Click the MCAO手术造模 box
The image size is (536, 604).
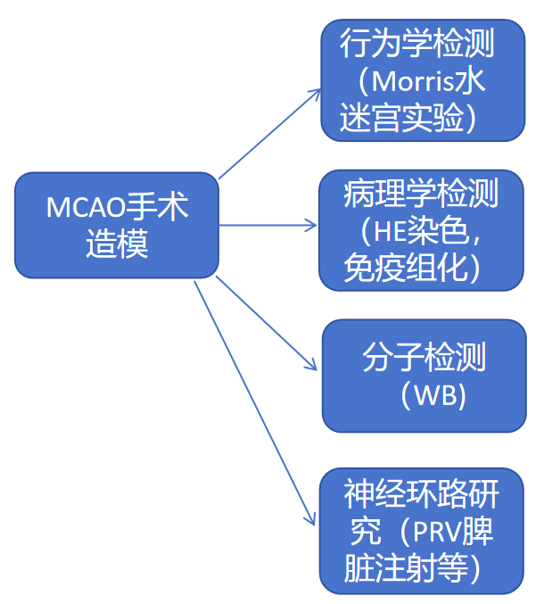coord(116,225)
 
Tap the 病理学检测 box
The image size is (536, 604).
coord(421,229)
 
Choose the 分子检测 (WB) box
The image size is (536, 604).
coord(423,376)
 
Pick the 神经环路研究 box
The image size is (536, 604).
coord(422,530)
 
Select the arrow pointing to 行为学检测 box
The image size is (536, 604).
coord(269,132)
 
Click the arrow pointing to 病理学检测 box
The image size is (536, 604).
coord(268,225)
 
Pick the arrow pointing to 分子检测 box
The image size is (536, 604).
coord(266,322)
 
